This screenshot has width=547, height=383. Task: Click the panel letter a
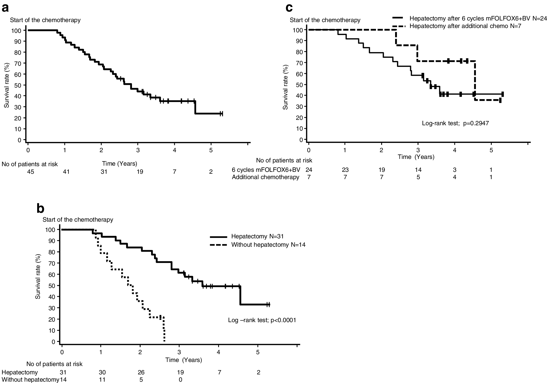[x=5, y=8]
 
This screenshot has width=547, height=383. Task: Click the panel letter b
[x=40, y=208]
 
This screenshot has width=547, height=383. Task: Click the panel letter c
[x=289, y=8]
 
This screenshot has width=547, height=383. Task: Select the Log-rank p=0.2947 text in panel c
[x=455, y=123]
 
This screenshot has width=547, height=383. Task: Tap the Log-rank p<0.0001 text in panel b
[x=262, y=320]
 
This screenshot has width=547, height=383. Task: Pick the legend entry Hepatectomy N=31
[x=257, y=236]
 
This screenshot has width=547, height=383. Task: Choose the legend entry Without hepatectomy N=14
[x=268, y=245]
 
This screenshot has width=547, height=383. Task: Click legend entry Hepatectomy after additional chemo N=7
[x=465, y=26]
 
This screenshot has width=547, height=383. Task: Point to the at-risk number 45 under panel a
[x=30, y=172]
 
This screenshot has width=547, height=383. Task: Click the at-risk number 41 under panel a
[x=66, y=172]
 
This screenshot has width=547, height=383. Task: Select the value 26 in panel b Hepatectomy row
[x=141, y=372]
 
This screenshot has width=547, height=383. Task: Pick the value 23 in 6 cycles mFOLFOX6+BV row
[x=345, y=170]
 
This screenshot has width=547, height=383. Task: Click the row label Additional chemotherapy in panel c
[x=265, y=177]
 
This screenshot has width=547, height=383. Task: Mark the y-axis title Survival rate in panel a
[x=7, y=85]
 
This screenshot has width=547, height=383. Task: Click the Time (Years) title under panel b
[x=184, y=360]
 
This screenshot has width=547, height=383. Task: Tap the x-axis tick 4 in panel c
[x=455, y=150]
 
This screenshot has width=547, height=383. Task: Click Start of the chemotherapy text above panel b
[x=78, y=220]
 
